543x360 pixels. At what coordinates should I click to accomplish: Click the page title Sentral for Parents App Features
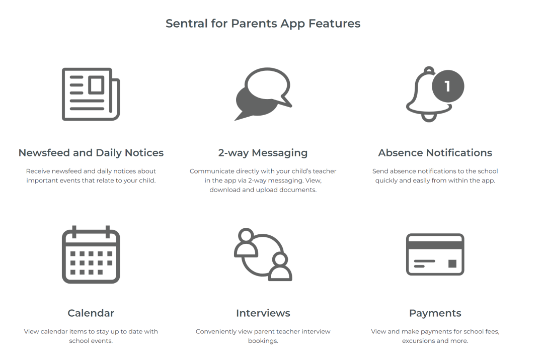[263, 24]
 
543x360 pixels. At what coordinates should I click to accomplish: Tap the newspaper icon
[91, 94]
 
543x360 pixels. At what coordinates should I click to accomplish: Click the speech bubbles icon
[263, 94]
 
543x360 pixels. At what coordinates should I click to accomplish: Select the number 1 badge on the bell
[448, 86]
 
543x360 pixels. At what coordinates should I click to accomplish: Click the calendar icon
[91, 254]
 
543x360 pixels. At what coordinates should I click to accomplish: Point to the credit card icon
[435, 254]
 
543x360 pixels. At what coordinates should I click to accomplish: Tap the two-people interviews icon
[263, 254]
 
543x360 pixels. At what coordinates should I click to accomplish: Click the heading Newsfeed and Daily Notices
[91, 153]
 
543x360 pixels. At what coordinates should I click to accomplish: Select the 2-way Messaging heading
[263, 153]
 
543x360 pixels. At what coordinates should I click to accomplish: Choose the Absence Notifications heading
[435, 153]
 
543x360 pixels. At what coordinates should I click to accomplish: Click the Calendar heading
[91, 313]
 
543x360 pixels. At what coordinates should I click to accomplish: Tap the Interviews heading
[263, 313]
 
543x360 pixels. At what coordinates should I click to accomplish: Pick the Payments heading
[435, 313]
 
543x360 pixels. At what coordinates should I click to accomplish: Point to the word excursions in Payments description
[418, 340]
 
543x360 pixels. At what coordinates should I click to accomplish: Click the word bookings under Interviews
[263, 341]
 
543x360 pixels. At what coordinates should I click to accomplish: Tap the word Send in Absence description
[380, 171]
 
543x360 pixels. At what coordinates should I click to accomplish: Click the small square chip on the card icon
[452, 264]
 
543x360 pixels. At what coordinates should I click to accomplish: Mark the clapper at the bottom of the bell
[429, 118]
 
